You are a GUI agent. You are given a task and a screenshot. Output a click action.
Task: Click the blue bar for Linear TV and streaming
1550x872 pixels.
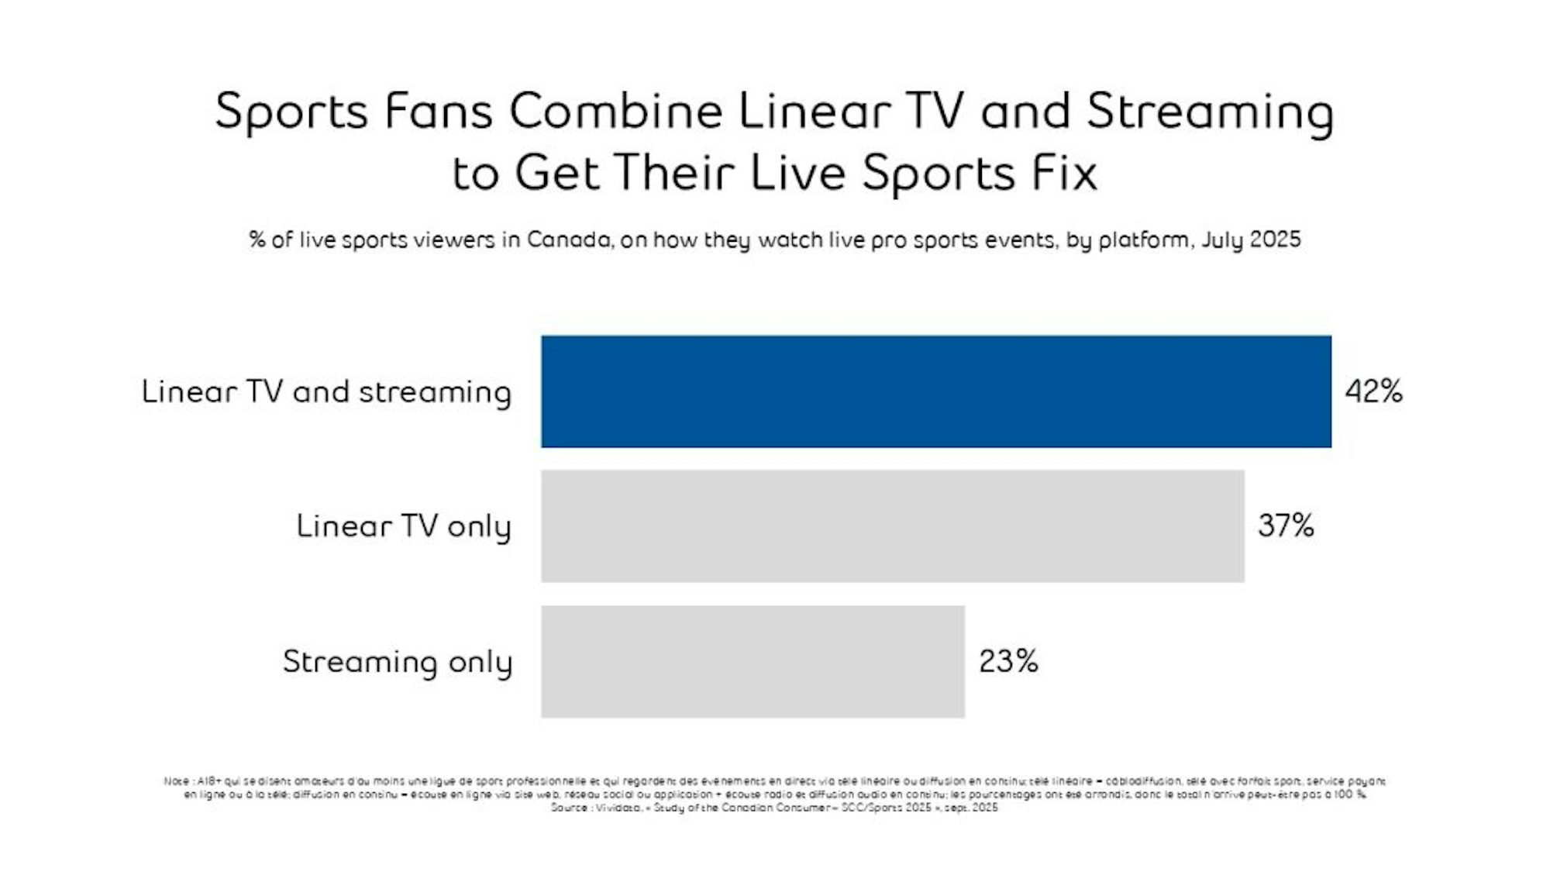click(x=936, y=391)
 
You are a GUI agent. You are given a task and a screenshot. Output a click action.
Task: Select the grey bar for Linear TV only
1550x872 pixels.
click(x=893, y=526)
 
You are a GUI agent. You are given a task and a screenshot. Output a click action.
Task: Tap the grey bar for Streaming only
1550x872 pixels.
click(x=753, y=661)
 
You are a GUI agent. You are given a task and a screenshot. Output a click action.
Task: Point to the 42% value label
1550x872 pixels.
click(x=1373, y=391)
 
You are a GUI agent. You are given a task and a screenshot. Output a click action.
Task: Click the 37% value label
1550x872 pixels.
click(x=1286, y=526)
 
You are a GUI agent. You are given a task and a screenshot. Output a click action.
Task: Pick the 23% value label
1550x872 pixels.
click(x=1007, y=661)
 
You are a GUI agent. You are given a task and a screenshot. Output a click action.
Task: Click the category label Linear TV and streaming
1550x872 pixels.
click(x=326, y=391)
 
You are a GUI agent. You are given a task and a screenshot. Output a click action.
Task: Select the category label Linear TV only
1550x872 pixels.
click(x=403, y=526)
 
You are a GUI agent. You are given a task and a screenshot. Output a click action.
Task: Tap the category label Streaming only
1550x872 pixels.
click(x=397, y=662)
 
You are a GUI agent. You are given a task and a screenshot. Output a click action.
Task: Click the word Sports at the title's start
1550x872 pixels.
click(x=291, y=112)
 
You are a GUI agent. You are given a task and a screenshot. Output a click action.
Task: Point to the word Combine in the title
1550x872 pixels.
click(x=615, y=110)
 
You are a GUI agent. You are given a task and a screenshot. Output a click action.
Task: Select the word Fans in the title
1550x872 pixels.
click(x=438, y=110)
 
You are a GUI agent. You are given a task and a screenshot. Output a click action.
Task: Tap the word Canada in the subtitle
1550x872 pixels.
click(x=570, y=240)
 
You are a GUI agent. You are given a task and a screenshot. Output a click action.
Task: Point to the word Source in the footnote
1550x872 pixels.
click(x=568, y=808)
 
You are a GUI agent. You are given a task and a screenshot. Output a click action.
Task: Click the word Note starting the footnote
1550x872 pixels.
click(x=176, y=781)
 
